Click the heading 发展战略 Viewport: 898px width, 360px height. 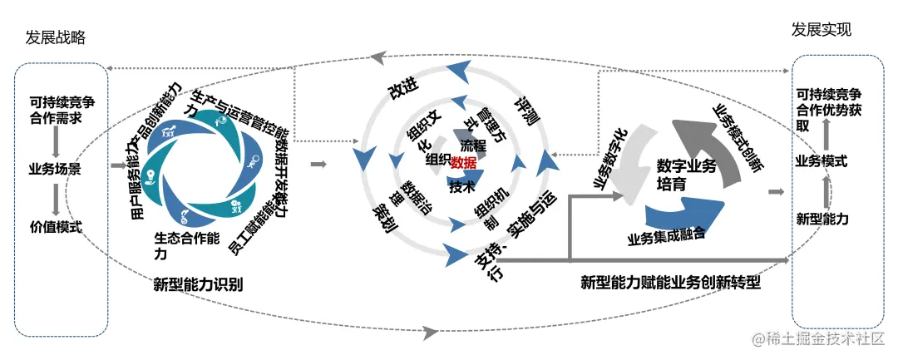tap(56, 38)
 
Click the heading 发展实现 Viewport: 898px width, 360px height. tap(822, 31)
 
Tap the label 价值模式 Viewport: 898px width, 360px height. tap(56, 226)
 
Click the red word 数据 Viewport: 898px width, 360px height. tap(463, 161)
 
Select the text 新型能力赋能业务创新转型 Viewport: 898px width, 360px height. tap(671, 283)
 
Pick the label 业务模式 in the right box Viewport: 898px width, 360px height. tap(822, 160)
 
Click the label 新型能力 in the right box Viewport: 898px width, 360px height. tap(822, 219)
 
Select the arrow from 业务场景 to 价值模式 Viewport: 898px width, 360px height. tap(56, 198)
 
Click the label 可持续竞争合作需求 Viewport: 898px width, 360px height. tap(56, 111)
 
